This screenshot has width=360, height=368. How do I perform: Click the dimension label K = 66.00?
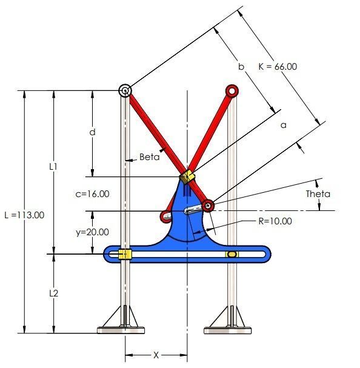(x=277, y=66)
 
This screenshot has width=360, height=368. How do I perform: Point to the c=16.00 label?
(x=92, y=194)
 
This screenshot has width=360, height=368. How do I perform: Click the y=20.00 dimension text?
(x=92, y=232)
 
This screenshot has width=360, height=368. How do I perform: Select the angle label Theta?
(x=318, y=194)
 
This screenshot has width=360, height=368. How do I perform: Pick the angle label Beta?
(x=149, y=156)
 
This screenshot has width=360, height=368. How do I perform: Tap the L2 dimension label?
(x=53, y=293)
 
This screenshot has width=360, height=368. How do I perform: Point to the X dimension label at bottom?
(x=156, y=355)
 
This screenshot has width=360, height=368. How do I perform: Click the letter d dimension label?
(x=92, y=132)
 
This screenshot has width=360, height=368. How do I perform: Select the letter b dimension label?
(x=241, y=67)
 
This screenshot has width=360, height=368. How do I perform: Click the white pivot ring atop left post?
(x=125, y=90)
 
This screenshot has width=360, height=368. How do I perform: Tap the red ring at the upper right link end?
(x=231, y=90)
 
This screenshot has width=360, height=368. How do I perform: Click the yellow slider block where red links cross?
(x=187, y=177)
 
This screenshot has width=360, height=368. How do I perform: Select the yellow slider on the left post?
(x=124, y=253)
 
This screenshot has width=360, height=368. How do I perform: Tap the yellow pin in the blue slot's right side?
(x=230, y=254)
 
